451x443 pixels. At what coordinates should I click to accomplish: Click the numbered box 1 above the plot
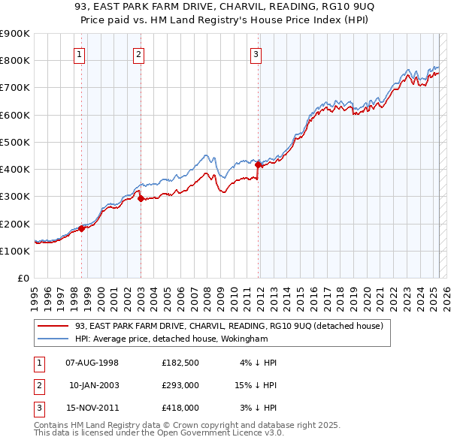coord(79,54)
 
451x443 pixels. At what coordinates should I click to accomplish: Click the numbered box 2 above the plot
coord(139,54)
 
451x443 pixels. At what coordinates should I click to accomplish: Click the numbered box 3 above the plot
coord(256,54)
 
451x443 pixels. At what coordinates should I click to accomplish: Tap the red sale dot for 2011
coord(258,164)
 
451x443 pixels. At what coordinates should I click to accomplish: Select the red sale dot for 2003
coord(141,198)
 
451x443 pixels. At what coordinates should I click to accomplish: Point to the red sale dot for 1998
coord(82,228)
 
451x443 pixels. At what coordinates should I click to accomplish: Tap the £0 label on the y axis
coord(23,278)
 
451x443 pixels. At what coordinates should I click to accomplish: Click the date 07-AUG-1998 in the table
coord(92,363)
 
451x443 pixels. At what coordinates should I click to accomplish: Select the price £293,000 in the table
coord(180,385)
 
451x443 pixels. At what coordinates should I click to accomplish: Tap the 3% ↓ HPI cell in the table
coord(259,408)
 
